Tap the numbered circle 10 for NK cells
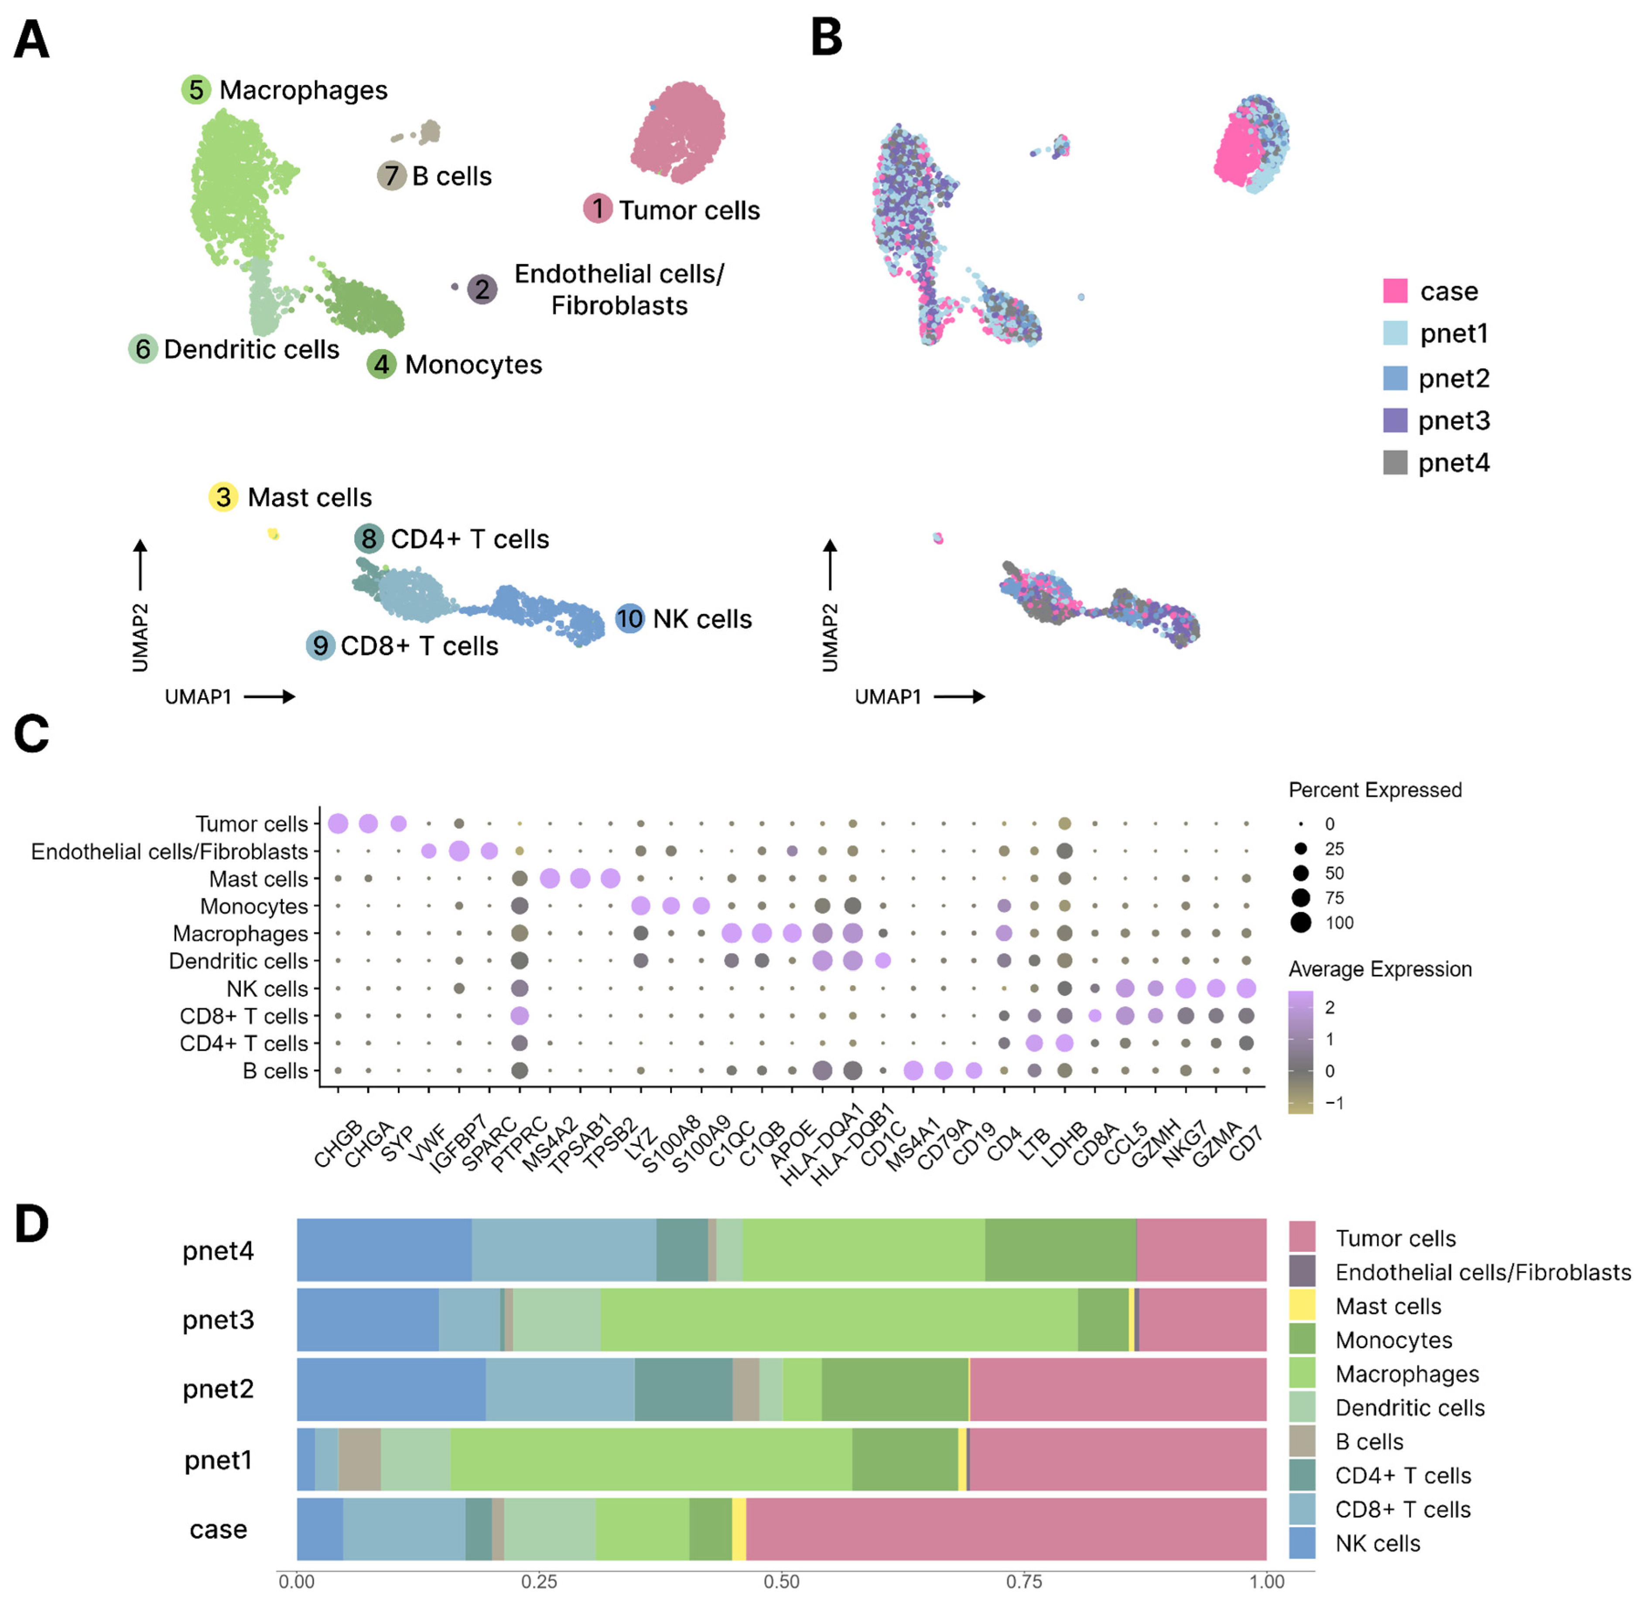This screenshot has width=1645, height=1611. [x=629, y=618]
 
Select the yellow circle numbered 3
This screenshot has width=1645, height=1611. [x=223, y=497]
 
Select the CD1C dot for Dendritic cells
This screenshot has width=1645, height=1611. [x=883, y=960]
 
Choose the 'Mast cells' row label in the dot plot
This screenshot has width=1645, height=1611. [x=259, y=879]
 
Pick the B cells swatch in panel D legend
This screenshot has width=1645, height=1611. [x=1302, y=1441]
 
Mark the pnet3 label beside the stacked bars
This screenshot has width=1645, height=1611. [x=218, y=1319]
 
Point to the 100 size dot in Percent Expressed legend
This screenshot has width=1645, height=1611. [x=1301, y=922]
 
